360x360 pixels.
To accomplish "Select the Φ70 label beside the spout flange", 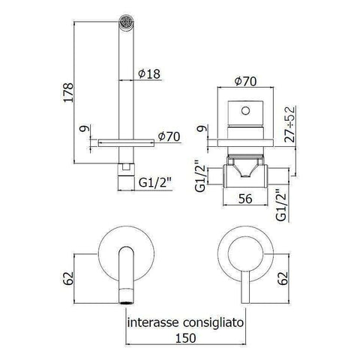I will click(169, 136).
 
